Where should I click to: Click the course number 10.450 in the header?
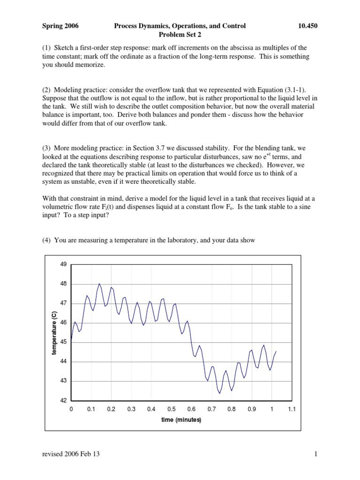(x=307, y=26)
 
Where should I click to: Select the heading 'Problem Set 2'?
(x=180, y=35)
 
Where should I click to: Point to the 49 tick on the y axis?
(x=64, y=264)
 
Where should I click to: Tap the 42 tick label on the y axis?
(x=64, y=401)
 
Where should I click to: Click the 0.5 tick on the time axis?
(x=172, y=409)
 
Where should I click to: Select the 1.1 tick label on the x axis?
(x=292, y=409)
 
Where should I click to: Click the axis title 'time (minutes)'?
(x=181, y=420)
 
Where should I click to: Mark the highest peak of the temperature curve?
(x=99, y=284)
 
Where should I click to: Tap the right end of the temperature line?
(x=276, y=351)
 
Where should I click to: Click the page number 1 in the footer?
(x=316, y=454)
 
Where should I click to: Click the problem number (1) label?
(x=46, y=48)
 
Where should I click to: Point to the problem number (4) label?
(x=46, y=240)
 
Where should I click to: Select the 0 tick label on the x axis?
(x=71, y=409)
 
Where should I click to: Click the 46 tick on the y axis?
(x=64, y=323)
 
